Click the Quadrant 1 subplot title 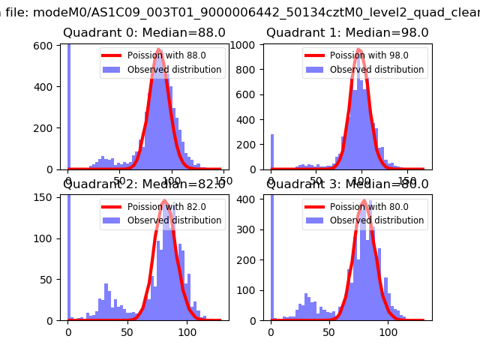[347, 33]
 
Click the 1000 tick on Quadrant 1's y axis [248, 45]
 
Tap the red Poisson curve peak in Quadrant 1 [359, 50]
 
